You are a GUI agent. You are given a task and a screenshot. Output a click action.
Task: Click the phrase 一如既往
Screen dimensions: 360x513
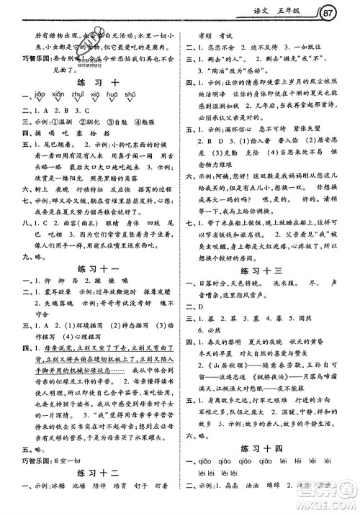point(311,47)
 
